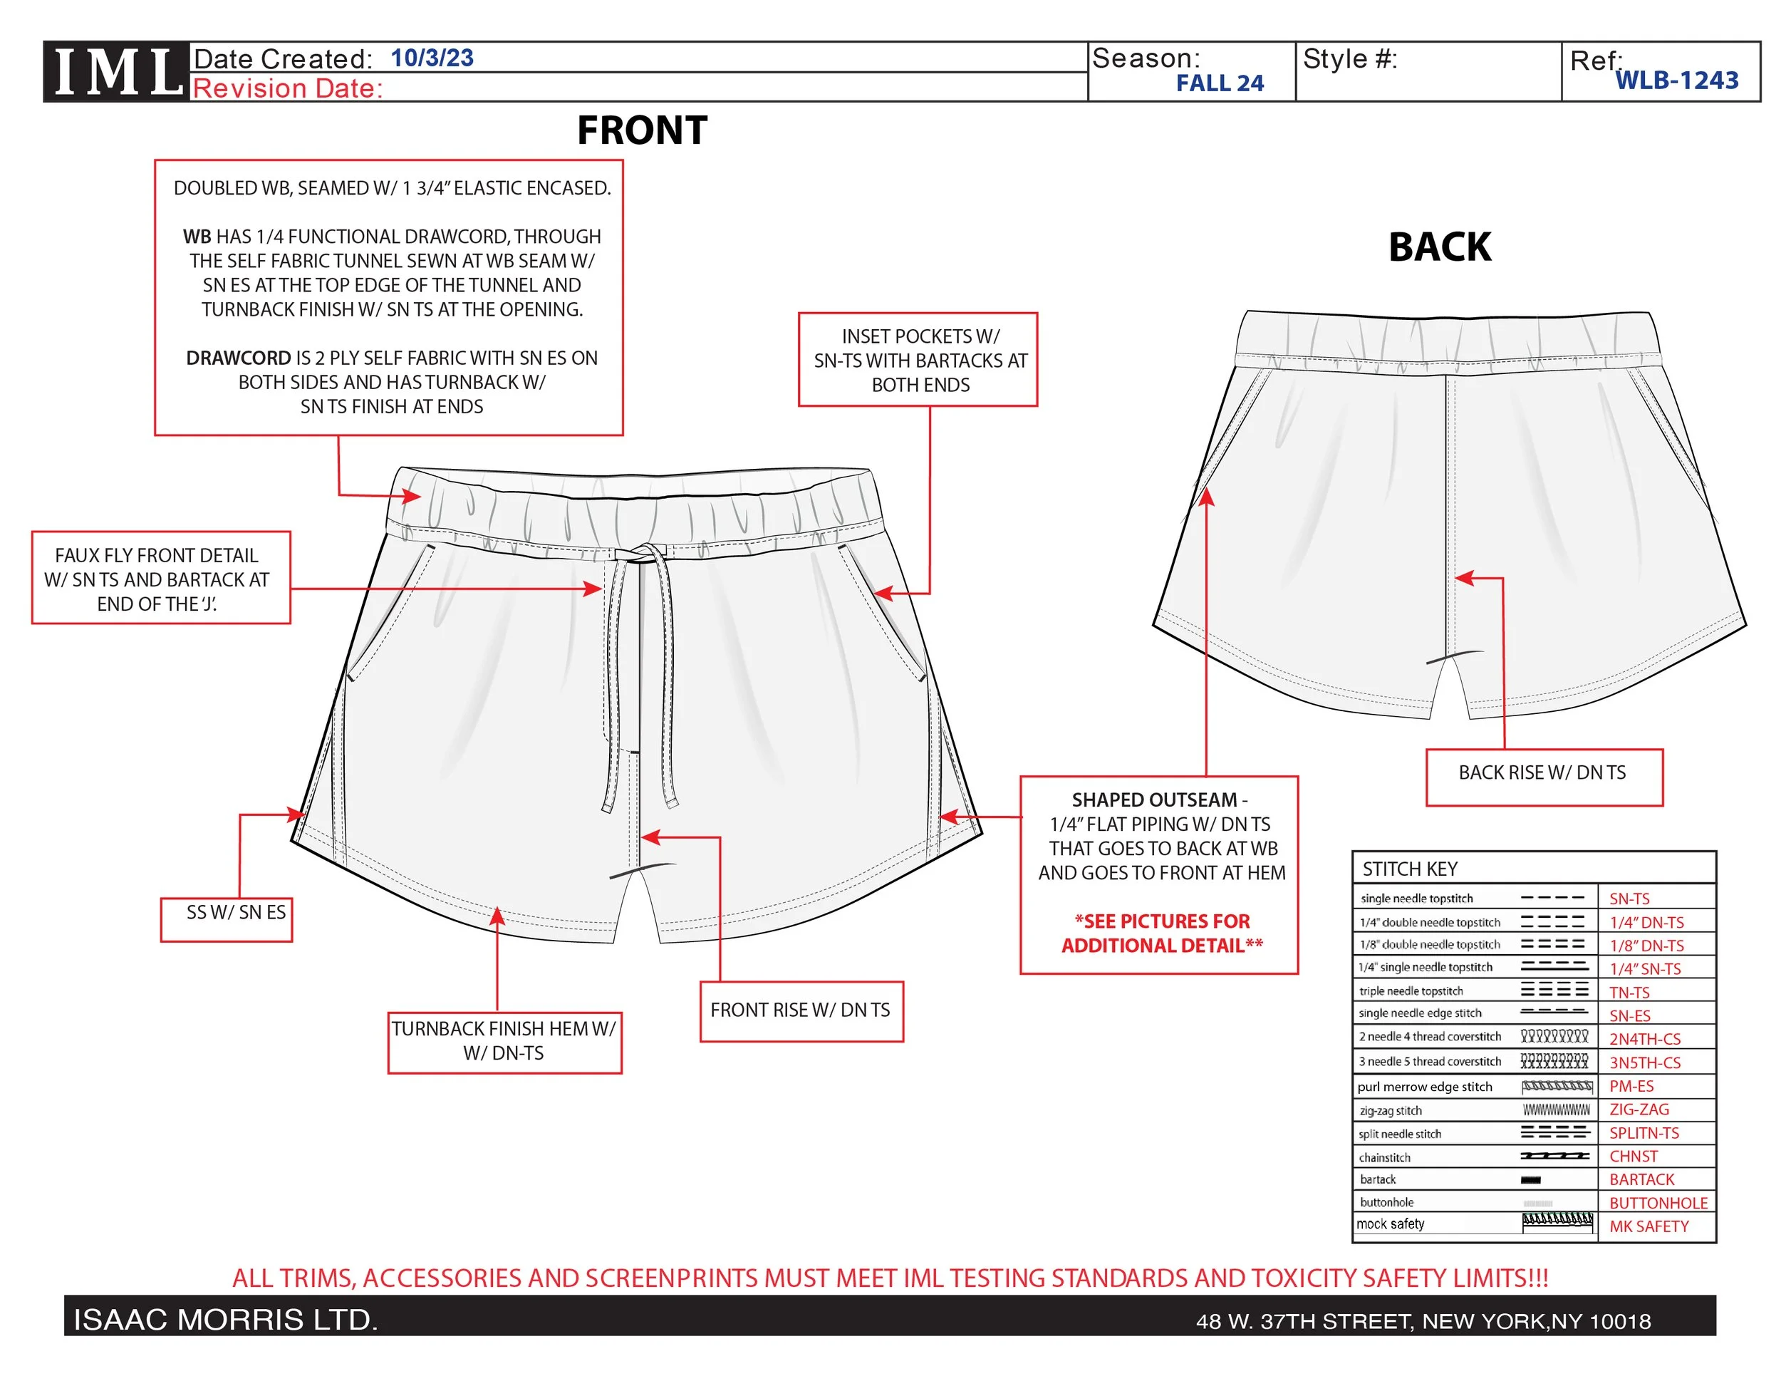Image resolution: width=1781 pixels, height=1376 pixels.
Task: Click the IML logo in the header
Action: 118,72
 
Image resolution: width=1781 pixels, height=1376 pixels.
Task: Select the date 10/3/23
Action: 432,58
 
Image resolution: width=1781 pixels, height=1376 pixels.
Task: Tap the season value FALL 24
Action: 1218,83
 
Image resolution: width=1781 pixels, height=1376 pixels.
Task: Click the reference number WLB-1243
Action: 1676,80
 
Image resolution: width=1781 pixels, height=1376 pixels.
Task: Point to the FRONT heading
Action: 642,130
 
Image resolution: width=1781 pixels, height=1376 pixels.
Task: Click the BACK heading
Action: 1439,247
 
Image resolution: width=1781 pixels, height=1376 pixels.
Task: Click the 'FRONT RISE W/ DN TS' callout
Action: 801,1010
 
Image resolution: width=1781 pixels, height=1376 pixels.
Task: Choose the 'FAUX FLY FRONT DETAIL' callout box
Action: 161,579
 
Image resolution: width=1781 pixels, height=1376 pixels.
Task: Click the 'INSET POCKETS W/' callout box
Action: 918,360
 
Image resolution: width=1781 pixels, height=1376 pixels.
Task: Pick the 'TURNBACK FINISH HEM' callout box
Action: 504,1042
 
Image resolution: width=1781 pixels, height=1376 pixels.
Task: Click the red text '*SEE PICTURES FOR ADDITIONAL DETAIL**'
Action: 1161,933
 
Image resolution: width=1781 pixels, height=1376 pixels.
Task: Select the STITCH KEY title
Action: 1409,869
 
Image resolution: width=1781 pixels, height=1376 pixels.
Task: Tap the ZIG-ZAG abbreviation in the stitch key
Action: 1639,1109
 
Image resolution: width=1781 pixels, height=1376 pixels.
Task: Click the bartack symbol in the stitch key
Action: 1531,1179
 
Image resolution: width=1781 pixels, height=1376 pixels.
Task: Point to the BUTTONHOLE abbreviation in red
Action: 1658,1203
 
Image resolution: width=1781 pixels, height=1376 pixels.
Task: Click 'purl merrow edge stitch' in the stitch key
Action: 1424,1087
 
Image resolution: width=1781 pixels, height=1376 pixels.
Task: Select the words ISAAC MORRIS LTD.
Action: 225,1319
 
